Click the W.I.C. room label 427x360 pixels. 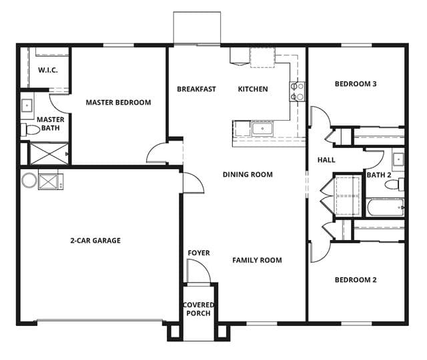(48, 70)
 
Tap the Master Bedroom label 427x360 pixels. (119, 103)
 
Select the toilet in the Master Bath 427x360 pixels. (30, 130)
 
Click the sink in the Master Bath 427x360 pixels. (27, 105)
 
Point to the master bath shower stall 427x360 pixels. (49, 154)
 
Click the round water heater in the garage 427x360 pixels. (29, 181)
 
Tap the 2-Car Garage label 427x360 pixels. (95, 241)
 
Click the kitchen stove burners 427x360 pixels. (297, 91)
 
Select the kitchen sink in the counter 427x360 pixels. (262, 129)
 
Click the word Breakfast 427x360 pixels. (196, 89)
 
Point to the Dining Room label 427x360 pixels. (248, 175)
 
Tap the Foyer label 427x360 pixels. (199, 253)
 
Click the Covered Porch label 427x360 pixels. (199, 309)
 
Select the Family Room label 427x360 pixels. (257, 260)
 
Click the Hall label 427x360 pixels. (326, 160)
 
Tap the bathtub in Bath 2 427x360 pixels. (386, 207)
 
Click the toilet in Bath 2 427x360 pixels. (394, 185)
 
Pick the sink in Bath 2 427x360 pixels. (398, 159)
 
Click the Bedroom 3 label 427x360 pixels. (356, 84)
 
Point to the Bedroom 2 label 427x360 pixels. (356, 280)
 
